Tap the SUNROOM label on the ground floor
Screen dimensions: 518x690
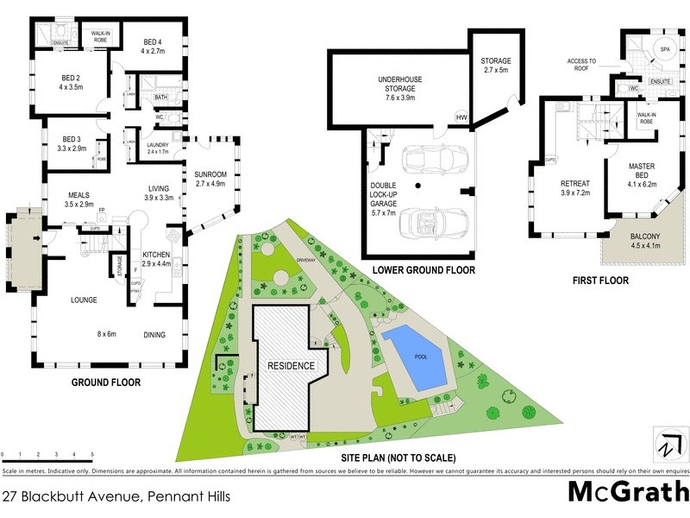(210, 179)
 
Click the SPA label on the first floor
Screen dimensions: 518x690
(665, 50)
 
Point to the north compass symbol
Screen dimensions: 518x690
(665, 446)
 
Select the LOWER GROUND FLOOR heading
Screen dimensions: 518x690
(423, 270)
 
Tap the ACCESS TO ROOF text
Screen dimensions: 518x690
(581, 65)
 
